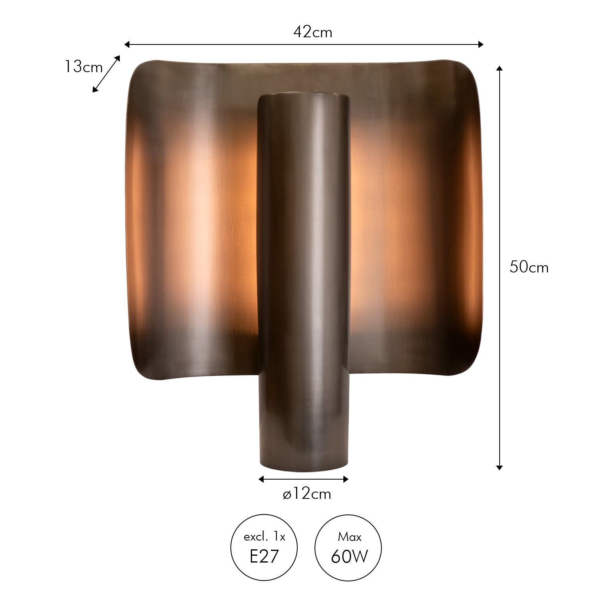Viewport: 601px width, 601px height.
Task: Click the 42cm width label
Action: [313, 32]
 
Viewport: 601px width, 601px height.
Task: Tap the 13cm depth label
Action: [84, 67]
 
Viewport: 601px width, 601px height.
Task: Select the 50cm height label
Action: [529, 267]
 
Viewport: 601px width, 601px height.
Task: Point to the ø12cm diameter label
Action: [307, 494]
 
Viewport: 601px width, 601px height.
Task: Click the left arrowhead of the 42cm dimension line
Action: [127, 44]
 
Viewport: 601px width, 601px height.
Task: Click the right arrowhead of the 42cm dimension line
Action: [481, 44]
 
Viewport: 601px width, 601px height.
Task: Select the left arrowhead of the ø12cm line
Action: [261, 479]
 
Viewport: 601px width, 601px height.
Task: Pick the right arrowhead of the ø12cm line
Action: [345, 479]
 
